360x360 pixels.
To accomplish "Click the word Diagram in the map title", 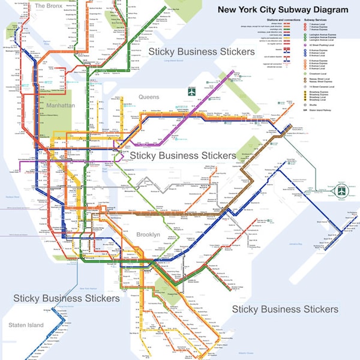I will (x=328, y=10).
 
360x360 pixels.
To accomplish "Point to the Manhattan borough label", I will (x=61, y=106).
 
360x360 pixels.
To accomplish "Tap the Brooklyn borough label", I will (x=148, y=235).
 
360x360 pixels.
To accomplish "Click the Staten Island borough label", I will (x=26, y=325).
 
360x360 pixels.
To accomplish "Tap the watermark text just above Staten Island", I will (x=66, y=298).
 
